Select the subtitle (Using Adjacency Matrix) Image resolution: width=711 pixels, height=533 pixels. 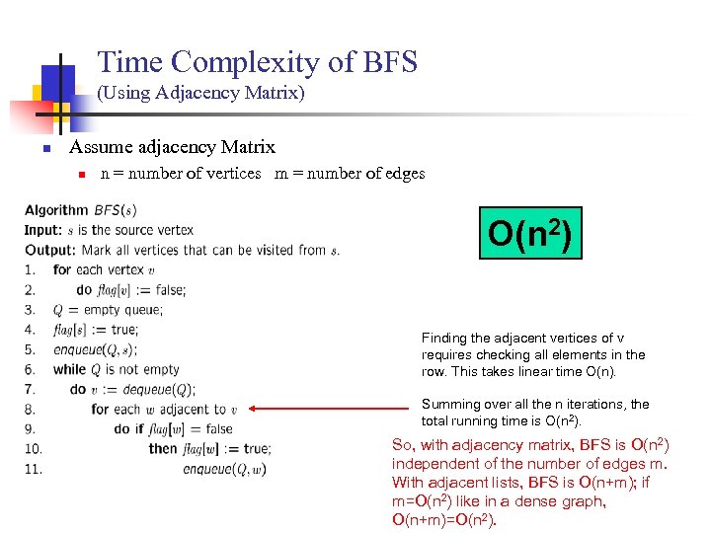[x=200, y=94]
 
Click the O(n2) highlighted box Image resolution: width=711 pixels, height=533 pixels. [x=530, y=233]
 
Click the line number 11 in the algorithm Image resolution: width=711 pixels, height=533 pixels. [x=34, y=469]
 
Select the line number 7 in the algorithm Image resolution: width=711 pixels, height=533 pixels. [x=30, y=389]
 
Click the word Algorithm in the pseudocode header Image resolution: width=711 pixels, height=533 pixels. [x=56, y=210]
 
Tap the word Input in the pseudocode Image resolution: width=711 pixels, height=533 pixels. [x=42, y=230]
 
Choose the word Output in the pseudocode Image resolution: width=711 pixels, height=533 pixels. [x=48, y=250]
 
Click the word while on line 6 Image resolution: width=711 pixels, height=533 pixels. [x=70, y=369]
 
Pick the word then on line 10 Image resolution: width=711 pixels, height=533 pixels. [x=163, y=449]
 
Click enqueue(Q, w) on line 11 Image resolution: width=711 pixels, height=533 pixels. [x=224, y=469]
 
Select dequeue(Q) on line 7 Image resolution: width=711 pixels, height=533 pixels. [x=158, y=389]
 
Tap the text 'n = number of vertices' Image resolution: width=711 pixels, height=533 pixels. [x=181, y=174]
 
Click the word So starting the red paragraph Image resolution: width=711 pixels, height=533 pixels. [x=402, y=445]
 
